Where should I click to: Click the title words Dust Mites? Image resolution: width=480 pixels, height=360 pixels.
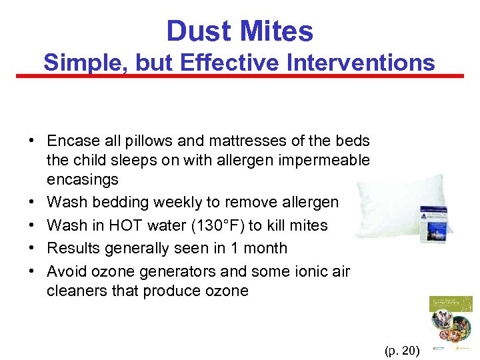pyautogui.click(x=239, y=31)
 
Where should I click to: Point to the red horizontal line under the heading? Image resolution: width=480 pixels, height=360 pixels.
pyautogui.click(x=240, y=76)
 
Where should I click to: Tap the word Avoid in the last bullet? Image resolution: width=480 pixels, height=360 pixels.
pyautogui.click(x=66, y=271)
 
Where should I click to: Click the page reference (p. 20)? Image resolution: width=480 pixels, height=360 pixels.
pyautogui.click(x=402, y=349)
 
